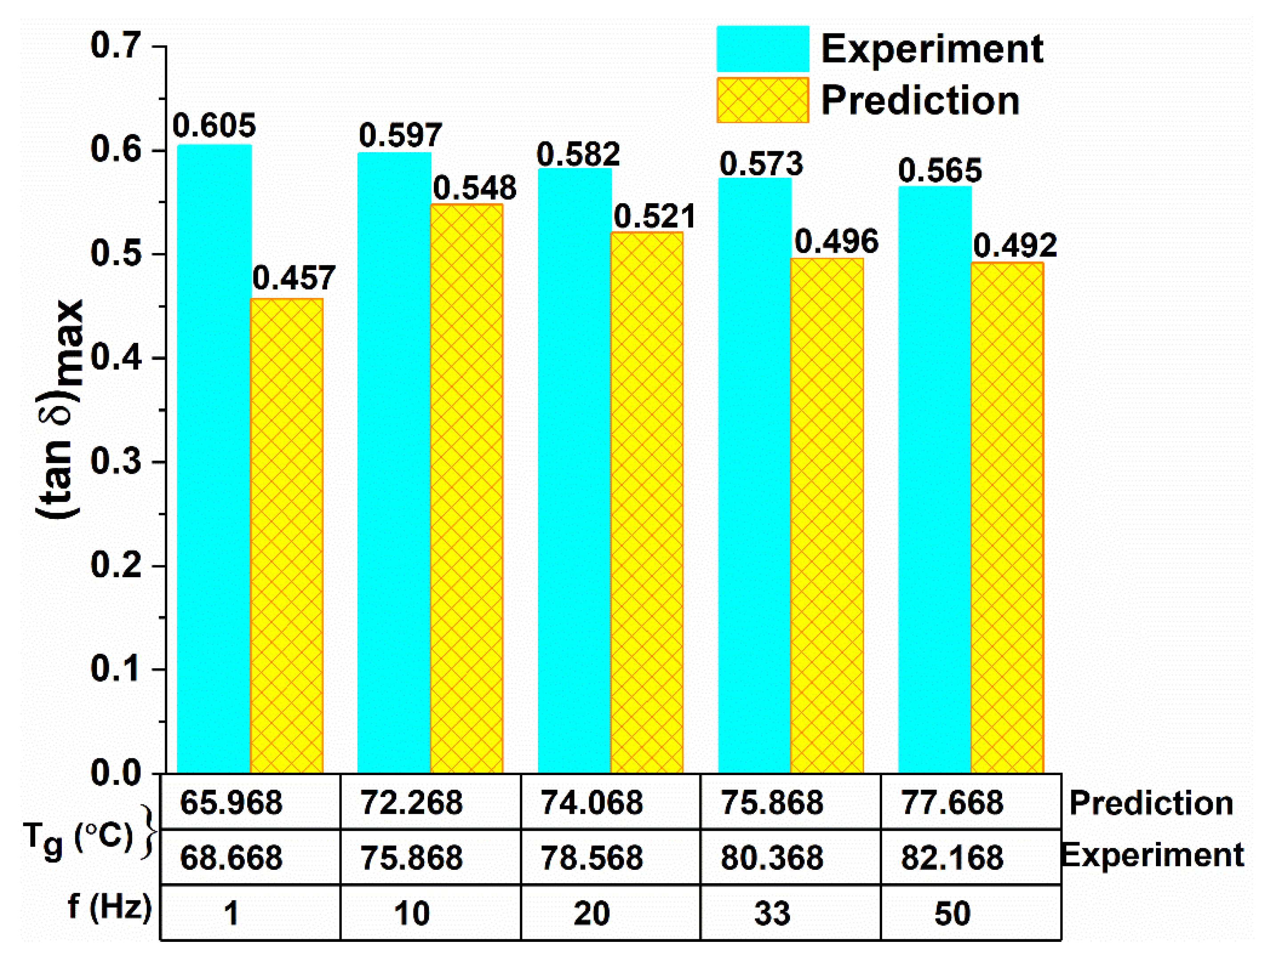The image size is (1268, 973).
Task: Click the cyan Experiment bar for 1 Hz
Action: point(214,458)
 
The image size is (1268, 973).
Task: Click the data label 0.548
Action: point(474,188)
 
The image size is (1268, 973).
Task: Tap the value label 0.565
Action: point(940,171)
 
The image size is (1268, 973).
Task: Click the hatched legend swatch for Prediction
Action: point(762,100)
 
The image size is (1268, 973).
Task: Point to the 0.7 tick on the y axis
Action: point(115,45)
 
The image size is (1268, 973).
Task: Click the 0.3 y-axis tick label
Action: point(115,462)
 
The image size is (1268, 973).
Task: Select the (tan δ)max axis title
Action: point(61,408)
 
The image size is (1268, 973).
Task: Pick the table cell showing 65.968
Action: point(231,803)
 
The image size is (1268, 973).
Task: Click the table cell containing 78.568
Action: point(591,857)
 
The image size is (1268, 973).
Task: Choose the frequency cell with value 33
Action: point(772,913)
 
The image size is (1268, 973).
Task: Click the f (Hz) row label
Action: point(109,906)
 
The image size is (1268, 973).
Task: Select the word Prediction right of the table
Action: point(1151,803)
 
